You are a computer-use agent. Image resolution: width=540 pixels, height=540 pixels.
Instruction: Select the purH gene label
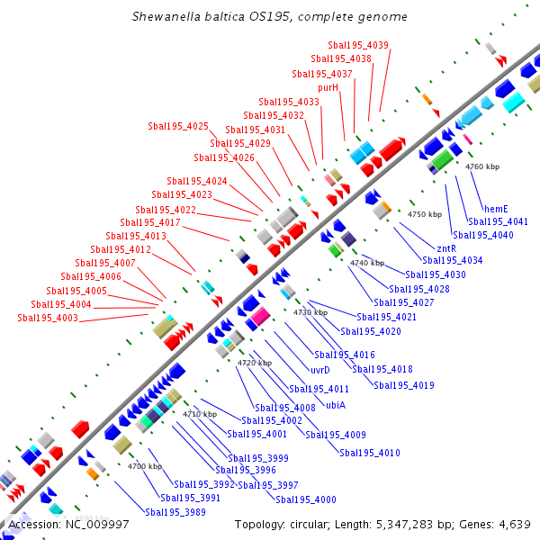[328, 88]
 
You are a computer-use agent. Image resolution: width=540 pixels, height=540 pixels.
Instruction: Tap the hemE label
[497, 209]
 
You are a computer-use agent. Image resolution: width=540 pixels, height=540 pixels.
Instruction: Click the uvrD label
[320, 370]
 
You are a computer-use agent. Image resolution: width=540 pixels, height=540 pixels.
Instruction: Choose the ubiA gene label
[336, 405]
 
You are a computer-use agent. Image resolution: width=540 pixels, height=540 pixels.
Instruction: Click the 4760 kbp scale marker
[481, 166]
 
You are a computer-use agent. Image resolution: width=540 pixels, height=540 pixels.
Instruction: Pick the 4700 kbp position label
[144, 466]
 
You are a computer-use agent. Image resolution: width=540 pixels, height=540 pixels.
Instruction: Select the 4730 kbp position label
[310, 311]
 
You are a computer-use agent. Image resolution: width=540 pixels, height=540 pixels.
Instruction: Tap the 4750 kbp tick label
[425, 214]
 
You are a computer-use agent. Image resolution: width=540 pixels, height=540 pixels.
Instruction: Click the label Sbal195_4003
[48, 318]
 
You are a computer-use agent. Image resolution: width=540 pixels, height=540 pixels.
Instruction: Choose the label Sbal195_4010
[370, 452]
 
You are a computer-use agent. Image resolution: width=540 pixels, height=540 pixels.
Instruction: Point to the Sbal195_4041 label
[498, 221]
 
